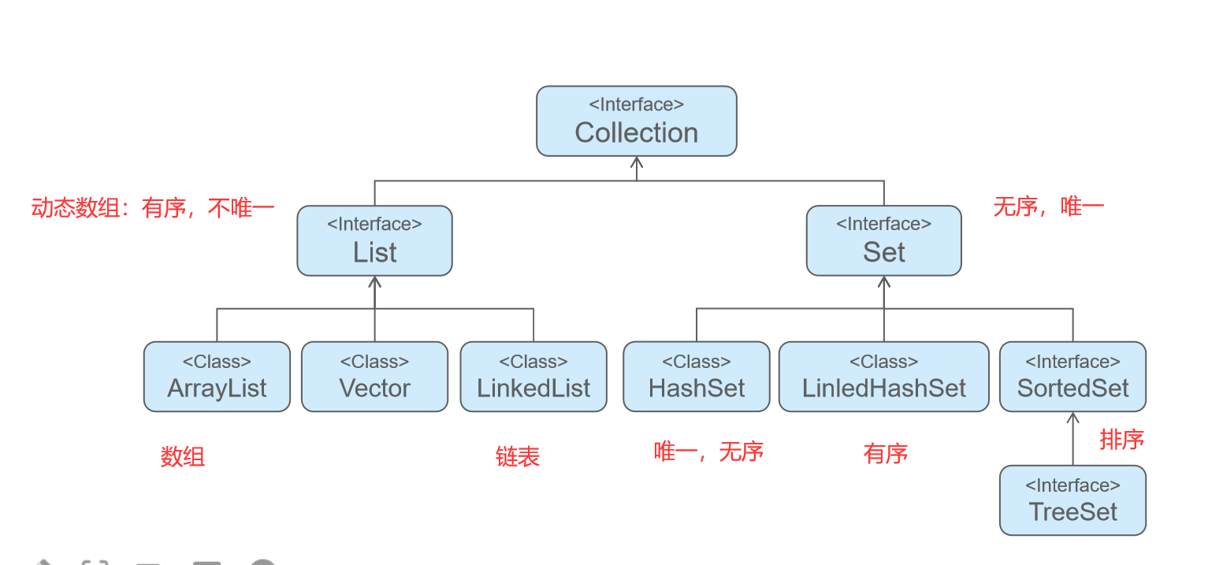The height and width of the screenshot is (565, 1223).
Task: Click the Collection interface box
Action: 636,121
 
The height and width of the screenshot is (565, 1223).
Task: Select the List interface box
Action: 374,241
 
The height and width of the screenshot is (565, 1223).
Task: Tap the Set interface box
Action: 883,241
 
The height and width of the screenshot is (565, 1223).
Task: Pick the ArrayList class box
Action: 217,377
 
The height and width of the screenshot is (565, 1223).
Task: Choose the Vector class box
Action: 374,377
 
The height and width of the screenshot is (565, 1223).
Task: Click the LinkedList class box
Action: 533,377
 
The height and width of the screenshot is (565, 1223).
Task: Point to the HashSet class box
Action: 697,377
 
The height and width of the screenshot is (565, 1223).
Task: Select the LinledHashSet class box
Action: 883,377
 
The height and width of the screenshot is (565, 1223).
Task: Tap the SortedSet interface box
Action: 1072,377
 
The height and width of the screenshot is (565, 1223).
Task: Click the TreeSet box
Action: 1072,500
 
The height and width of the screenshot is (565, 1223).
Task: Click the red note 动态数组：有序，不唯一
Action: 153,209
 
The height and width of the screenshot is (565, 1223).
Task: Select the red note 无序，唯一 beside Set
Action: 1048,207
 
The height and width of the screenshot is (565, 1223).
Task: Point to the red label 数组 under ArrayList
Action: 183,456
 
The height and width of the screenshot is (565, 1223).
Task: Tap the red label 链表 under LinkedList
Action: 518,456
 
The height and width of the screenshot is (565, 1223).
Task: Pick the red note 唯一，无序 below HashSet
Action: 708,452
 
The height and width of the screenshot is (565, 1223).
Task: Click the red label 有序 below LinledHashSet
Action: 886,453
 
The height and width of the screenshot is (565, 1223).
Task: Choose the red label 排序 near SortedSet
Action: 1121,440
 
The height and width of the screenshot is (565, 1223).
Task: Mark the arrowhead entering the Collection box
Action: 637,162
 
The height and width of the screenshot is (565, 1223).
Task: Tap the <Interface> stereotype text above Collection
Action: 636,104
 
